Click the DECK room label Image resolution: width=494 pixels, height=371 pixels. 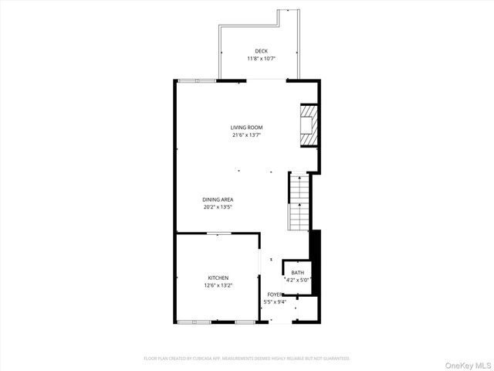click(x=262, y=51)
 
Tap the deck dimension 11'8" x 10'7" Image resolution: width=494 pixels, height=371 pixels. click(x=262, y=58)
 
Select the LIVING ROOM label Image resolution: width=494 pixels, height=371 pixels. click(x=247, y=128)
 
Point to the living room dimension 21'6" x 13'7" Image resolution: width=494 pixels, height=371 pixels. click(x=247, y=134)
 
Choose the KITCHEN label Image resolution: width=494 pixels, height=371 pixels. click(x=218, y=277)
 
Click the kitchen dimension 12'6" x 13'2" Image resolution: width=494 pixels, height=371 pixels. click(x=218, y=285)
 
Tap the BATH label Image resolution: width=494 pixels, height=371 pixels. click(x=297, y=272)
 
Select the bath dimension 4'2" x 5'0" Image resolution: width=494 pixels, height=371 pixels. click(x=297, y=280)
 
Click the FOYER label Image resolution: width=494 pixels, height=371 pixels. click(x=274, y=294)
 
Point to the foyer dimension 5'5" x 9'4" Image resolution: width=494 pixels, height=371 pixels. click(x=276, y=301)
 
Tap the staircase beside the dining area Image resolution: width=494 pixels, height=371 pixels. click(x=299, y=203)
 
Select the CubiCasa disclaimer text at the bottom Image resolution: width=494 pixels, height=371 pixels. click(x=247, y=359)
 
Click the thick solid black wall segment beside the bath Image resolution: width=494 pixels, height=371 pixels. click(x=314, y=261)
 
